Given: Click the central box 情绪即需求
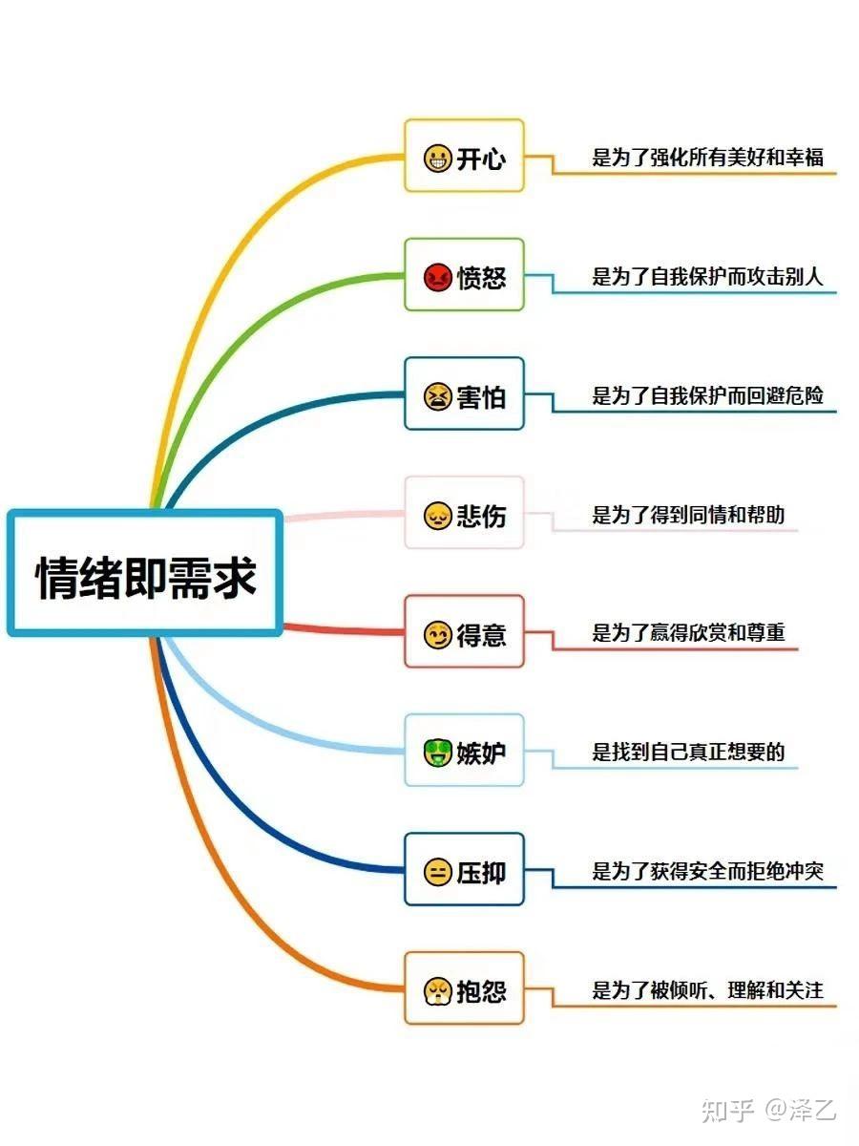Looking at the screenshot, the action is (145, 574).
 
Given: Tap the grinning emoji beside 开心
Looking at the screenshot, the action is (437, 158).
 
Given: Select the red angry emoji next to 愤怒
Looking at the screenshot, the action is (437, 277).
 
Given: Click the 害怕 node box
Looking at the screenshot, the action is (464, 394).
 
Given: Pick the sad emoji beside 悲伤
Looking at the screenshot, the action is (437, 516).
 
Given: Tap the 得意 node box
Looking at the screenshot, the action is (464, 632).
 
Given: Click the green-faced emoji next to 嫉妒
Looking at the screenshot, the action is (437, 753).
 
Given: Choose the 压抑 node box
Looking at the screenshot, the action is (464, 870).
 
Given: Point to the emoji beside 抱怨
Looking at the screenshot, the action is (437, 990).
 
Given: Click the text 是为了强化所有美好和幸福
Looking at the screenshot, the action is (707, 158).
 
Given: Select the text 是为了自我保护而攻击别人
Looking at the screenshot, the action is (707, 277).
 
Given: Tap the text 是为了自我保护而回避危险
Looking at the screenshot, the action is (707, 395).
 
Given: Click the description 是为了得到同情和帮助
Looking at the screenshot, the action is (688, 515).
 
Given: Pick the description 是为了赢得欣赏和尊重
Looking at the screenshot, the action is (688, 633).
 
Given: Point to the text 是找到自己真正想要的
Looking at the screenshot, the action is (688, 752).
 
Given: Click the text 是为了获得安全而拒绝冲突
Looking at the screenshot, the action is (707, 871).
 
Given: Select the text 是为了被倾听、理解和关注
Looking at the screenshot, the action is (707, 990).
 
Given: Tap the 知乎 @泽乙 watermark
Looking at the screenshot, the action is (768, 1109).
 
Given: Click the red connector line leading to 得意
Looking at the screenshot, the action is (344, 630).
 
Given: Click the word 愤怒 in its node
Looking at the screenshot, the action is (481, 278).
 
